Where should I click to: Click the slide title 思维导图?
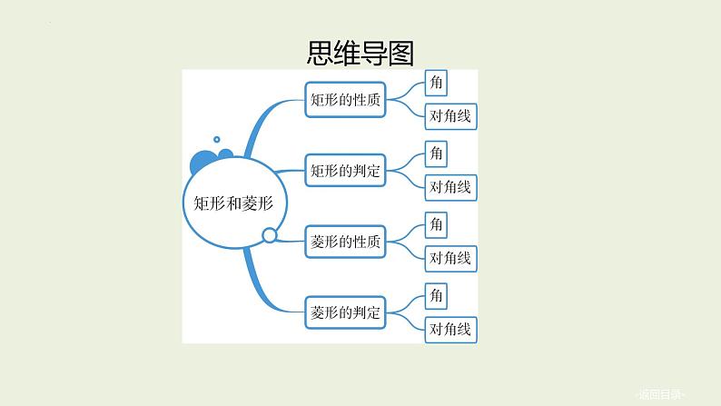click(x=360, y=54)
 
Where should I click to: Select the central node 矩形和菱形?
click(x=233, y=203)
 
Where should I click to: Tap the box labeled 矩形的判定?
click(x=345, y=170)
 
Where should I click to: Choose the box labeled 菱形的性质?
click(x=345, y=242)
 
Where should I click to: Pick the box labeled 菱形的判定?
click(x=345, y=312)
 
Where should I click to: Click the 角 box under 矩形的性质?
click(x=437, y=84)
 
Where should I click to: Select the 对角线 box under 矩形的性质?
click(x=450, y=116)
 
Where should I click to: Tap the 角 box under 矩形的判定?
click(x=437, y=153)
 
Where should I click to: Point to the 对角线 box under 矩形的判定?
click(x=450, y=187)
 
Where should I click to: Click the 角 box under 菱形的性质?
click(x=437, y=223)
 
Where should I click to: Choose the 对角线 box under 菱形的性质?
click(x=450, y=258)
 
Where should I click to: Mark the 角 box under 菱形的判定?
click(x=437, y=295)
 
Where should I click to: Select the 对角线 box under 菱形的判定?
click(x=450, y=329)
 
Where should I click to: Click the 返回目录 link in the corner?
click(x=661, y=393)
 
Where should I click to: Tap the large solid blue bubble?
click(x=203, y=164)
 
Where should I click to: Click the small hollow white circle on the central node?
click(x=269, y=236)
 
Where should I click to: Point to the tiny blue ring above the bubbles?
click(x=217, y=139)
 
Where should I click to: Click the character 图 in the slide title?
click(x=400, y=54)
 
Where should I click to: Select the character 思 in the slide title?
click(x=321, y=54)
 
